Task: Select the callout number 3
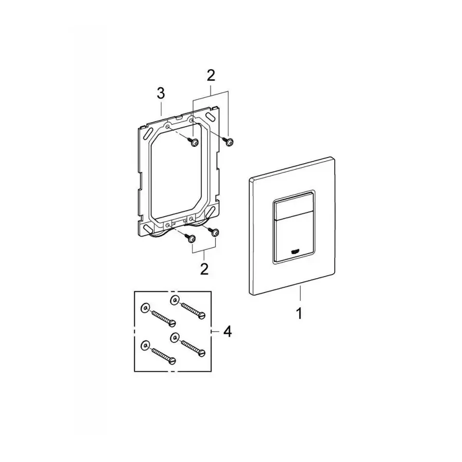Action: click(161, 93)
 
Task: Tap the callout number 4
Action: click(226, 332)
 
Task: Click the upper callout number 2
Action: click(210, 75)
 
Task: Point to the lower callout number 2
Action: click(204, 268)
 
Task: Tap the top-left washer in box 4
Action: click(145, 308)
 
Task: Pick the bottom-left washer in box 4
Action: click(145, 344)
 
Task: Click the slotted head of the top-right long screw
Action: click(201, 316)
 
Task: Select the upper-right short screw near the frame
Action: click(229, 142)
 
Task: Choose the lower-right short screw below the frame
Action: click(216, 233)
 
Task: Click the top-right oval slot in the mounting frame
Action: click(210, 117)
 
